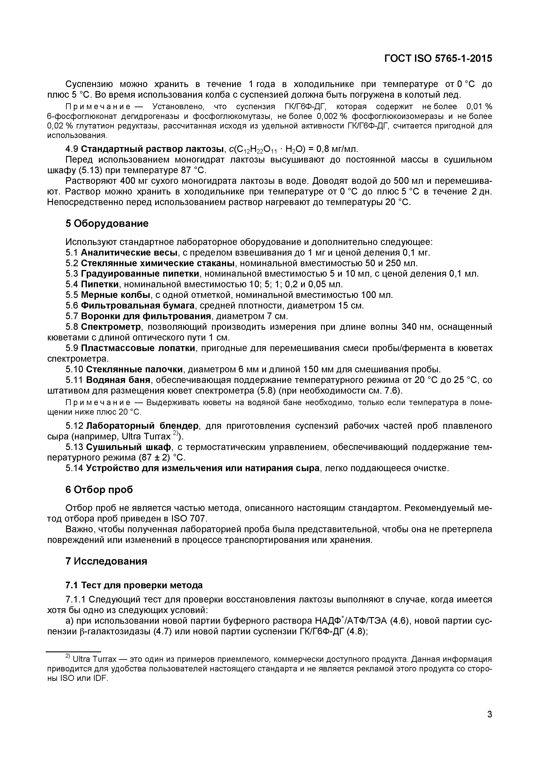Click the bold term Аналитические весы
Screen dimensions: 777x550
(129, 253)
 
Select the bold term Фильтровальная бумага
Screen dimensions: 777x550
(138, 306)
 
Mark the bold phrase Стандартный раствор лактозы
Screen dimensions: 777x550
(152, 149)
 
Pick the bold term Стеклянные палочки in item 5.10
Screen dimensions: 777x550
(134, 369)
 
